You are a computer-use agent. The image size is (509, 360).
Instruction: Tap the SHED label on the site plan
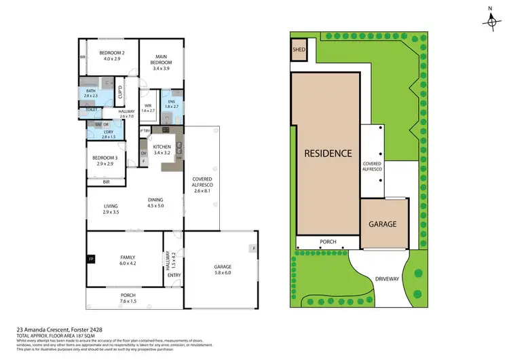299,50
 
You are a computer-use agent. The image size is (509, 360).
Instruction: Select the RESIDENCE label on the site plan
327,153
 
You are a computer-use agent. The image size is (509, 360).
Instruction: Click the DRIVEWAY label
388,279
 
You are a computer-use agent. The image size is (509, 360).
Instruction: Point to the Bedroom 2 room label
109,56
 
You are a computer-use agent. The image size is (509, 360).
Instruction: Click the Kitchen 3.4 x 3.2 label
163,150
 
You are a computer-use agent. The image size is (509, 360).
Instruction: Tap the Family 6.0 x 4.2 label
127,260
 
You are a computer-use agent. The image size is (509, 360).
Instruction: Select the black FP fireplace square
92,259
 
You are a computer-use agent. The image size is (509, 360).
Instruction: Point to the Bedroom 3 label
106,162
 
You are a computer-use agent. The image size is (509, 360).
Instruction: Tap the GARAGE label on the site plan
382,223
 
